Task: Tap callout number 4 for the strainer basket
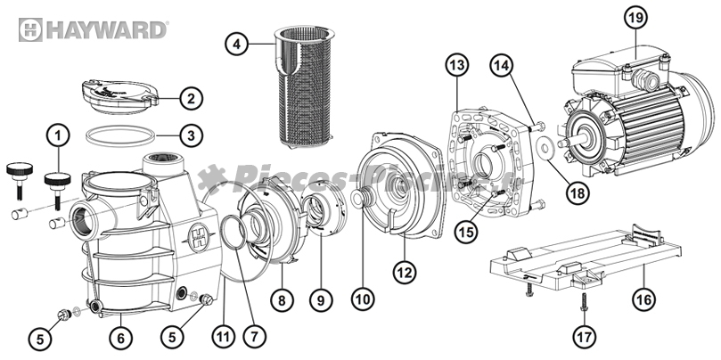[234, 44]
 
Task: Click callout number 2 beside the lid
[190, 97]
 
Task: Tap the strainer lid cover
[121, 93]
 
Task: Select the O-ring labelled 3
[123, 135]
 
